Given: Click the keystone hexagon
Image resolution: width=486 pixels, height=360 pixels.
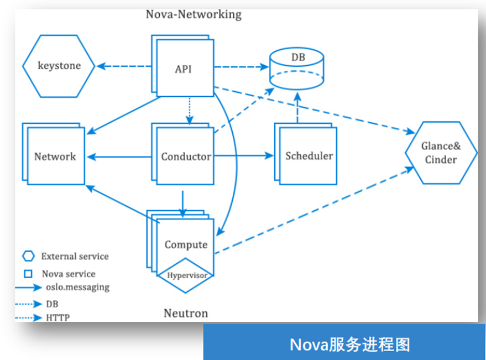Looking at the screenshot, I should click(x=59, y=66).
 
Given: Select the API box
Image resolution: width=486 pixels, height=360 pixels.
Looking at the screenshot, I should click(x=183, y=69).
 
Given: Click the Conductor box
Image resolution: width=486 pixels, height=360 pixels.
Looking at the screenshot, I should click(x=186, y=156).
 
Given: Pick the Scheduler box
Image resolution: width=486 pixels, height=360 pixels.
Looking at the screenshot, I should click(x=309, y=156).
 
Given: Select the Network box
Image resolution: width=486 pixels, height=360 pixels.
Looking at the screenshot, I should click(x=55, y=156).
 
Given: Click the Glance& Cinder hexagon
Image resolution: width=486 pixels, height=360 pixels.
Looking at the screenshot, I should click(x=441, y=153).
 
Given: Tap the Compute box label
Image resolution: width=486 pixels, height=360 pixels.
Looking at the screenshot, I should click(x=186, y=244).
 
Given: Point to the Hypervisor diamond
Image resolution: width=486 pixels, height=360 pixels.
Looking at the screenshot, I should click(x=186, y=275).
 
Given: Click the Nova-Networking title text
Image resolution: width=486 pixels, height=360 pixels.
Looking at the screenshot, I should click(x=194, y=14).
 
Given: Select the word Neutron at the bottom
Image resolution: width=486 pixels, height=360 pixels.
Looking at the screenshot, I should click(x=186, y=314).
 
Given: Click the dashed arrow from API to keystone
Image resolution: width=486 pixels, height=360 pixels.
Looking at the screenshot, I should click(x=124, y=66).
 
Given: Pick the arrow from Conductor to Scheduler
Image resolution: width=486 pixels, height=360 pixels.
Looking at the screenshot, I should click(x=243, y=156).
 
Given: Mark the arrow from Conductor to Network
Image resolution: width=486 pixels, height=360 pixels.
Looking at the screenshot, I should click(x=118, y=156).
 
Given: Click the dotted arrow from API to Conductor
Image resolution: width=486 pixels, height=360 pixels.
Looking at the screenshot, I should click(x=190, y=111).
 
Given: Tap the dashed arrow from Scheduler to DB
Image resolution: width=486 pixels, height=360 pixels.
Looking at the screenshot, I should click(x=297, y=108).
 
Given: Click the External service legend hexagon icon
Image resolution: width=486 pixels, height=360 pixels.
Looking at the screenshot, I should click(x=29, y=257).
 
